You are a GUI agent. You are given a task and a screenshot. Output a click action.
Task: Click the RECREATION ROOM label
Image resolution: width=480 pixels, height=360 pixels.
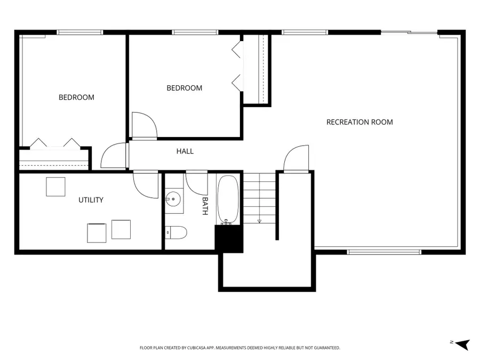359,122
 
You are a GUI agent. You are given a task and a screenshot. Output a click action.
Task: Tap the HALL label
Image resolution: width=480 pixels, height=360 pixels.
185,151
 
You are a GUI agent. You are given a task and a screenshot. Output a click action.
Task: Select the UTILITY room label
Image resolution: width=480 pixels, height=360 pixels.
91,200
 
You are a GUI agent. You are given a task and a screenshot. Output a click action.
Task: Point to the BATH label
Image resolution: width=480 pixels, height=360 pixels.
205,206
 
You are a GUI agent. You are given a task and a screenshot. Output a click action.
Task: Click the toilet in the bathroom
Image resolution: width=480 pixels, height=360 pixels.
176,233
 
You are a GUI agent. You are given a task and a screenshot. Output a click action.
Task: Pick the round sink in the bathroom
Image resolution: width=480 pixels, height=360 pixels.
173,199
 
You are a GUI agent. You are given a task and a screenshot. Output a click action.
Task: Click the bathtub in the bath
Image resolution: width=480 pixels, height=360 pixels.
228,199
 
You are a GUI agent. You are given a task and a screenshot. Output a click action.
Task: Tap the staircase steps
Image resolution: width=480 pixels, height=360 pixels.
260,198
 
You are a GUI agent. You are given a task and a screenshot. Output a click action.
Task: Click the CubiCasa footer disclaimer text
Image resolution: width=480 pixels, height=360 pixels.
239,348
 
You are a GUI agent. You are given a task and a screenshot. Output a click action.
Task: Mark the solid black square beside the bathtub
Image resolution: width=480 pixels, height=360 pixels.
229,239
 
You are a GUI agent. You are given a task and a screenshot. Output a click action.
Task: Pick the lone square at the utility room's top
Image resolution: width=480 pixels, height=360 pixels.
55,187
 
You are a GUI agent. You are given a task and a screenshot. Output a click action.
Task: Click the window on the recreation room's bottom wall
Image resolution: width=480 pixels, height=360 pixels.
384,252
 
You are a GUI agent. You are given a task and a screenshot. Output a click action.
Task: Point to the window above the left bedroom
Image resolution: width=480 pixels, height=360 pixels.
80,32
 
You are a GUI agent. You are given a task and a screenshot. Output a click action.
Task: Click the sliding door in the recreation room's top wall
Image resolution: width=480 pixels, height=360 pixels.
409,32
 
